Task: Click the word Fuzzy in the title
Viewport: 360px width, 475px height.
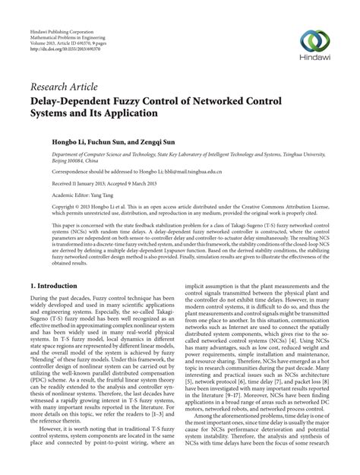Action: [x=144, y=99]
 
